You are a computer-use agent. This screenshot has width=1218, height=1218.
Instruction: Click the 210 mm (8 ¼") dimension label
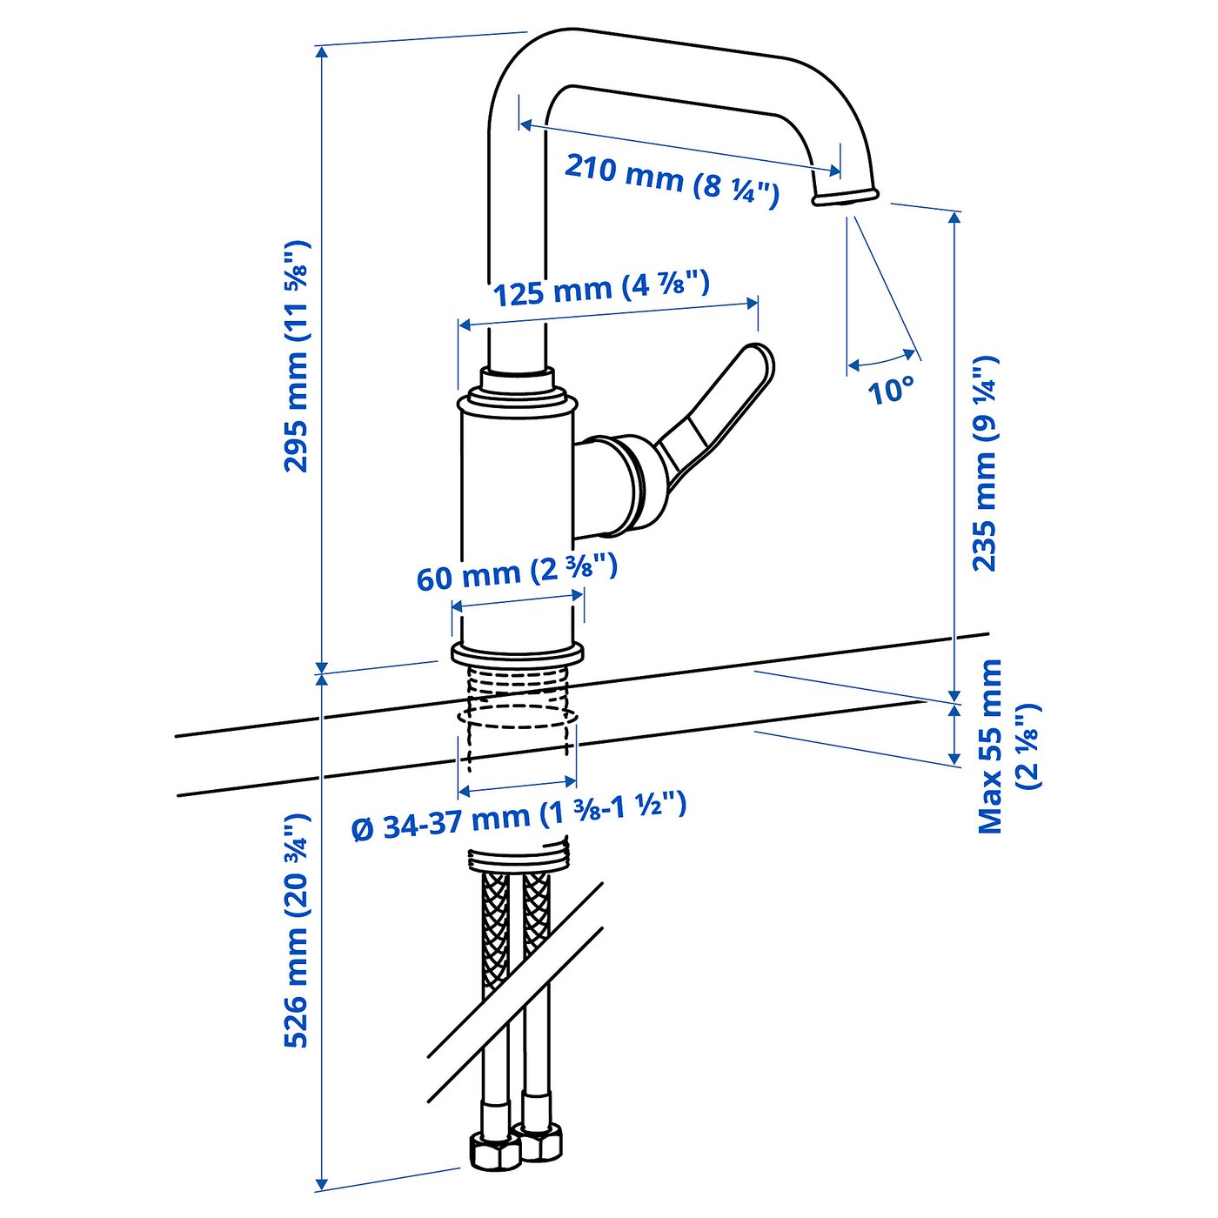click(x=672, y=178)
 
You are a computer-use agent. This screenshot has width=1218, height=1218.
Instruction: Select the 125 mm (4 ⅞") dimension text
click(x=602, y=288)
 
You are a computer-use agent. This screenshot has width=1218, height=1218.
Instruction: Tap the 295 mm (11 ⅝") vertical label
click(x=297, y=357)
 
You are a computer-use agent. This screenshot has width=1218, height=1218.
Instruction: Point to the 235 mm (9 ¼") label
click(x=984, y=463)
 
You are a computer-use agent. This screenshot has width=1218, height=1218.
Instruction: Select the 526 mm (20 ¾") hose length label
click(x=297, y=931)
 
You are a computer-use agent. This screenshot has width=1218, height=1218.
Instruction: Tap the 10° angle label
click(x=891, y=391)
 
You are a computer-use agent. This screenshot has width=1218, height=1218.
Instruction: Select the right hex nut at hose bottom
click(x=539, y=1141)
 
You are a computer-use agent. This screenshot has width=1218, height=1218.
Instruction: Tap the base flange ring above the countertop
click(x=517, y=653)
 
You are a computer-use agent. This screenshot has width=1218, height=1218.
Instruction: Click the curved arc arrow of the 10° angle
click(x=881, y=359)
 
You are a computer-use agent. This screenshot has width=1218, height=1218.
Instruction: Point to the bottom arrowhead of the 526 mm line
click(x=322, y=1184)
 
